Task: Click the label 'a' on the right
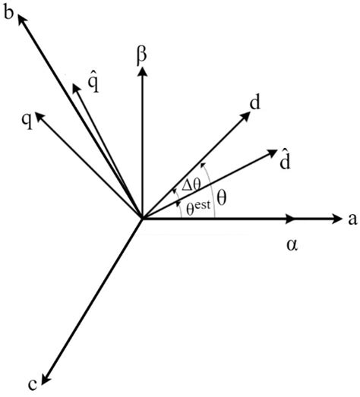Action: (x=352, y=220)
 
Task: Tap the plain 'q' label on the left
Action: (x=26, y=120)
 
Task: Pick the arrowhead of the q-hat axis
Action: (x=75, y=87)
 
